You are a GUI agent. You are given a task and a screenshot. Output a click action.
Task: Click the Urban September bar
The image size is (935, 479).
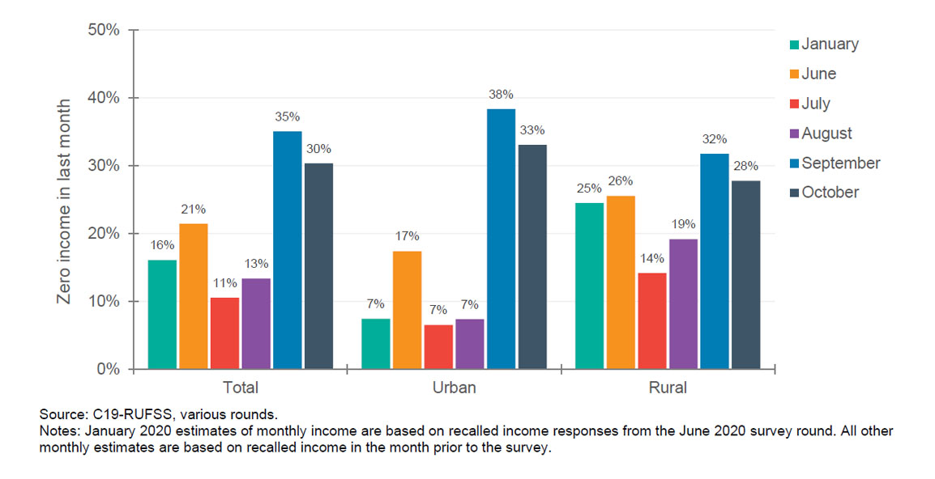501,239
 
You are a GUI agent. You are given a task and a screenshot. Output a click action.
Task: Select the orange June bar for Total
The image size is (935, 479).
193,296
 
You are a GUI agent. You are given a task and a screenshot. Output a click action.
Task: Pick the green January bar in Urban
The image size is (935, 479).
375,344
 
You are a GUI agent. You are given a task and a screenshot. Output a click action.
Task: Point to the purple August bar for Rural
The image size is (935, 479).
682,303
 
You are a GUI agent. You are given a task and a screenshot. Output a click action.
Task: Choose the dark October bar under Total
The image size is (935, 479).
318,266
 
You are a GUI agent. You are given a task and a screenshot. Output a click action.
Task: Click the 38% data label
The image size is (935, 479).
502,94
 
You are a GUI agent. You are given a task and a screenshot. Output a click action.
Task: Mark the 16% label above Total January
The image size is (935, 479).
162,245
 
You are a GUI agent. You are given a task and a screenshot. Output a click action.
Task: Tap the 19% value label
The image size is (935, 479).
682,224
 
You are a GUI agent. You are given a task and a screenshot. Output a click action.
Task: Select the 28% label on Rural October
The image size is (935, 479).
745,166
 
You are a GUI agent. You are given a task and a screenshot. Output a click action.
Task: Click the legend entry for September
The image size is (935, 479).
840,163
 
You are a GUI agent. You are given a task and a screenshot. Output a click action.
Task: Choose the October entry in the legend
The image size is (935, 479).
830,193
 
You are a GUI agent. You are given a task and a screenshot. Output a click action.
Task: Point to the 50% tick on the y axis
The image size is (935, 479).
103,30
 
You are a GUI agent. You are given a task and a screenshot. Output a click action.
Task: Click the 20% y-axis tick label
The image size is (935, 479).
103,233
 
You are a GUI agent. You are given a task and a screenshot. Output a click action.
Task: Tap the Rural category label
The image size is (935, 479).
667,388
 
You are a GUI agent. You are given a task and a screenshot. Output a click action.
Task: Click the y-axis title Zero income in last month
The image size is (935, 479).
65,201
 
